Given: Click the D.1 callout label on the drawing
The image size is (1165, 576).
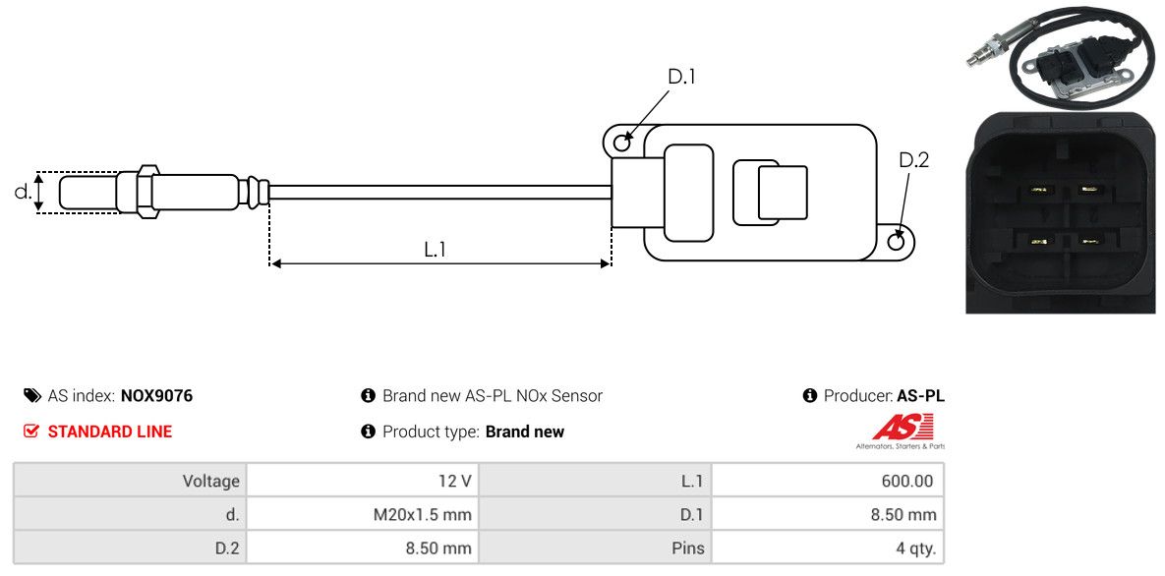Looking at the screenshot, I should click(x=681, y=77).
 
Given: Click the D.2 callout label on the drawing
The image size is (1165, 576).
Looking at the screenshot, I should click(x=913, y=160).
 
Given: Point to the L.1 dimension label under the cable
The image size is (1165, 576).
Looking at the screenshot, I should click(x=436, y=250).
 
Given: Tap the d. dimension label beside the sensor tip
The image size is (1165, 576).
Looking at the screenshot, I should click(x=23, y=192).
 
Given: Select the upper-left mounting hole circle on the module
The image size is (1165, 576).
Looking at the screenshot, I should click(x=622, y=144).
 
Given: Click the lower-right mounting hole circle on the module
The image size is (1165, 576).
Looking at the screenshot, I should click(x=896, y=242).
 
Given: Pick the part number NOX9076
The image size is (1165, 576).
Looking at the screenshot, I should click(x=156, y=396).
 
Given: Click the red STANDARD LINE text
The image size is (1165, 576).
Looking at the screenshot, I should click(x=109, y=432).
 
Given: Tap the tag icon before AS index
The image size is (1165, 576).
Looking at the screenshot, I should click(x=31, y=396).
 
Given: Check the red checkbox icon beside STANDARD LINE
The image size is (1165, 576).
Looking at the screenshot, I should click(x=31, y=432).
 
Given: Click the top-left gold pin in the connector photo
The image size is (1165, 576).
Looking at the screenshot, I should click(x=1034, y=190).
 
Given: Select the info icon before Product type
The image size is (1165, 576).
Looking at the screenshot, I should click(x=369, y=432).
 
